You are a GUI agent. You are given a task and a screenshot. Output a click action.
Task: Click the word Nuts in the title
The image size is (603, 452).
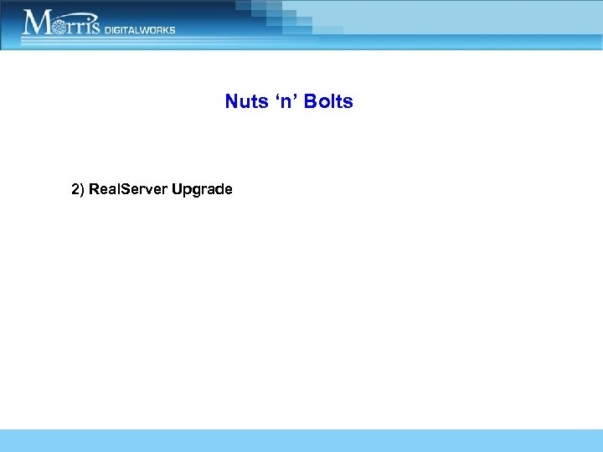(242, 102)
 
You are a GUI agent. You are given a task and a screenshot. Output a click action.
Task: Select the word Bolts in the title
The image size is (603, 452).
(329, 102)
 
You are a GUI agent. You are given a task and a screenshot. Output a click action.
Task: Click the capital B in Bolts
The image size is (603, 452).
(311, 102)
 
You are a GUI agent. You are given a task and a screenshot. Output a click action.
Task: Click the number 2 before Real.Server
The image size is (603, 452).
(75, 189)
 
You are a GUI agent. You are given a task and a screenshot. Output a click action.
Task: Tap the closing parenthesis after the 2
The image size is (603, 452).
(82, 190)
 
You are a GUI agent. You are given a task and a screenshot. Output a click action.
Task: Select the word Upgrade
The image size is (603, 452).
(202, 190)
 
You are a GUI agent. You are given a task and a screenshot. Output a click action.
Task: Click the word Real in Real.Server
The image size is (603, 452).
(103, 189)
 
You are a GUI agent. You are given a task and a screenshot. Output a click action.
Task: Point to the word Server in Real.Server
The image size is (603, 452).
(143, 189)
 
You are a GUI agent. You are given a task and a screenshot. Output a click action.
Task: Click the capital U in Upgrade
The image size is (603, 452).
(177, 189)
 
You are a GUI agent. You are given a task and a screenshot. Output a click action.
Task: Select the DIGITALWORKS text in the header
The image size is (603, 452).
(140, 29)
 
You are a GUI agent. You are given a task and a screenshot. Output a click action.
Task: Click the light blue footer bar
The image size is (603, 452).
(301, 440)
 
